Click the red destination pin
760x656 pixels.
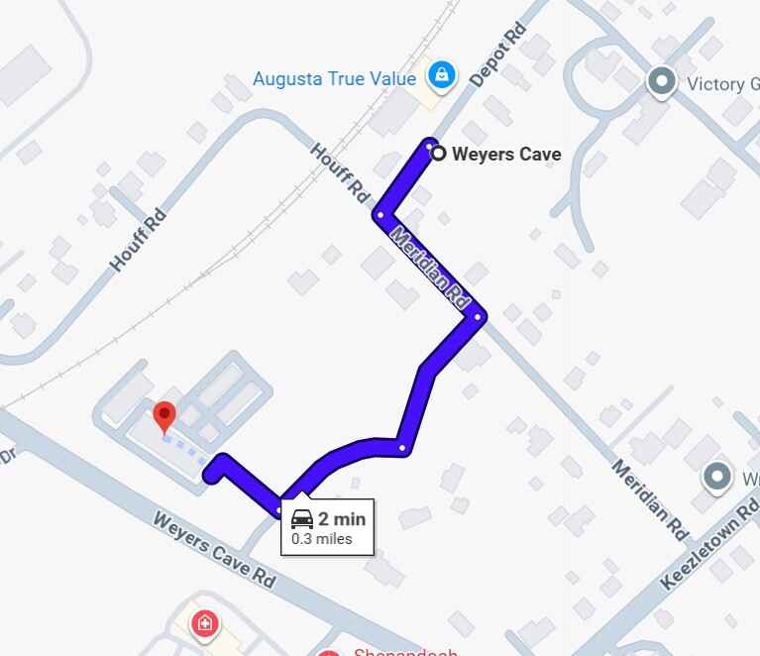click(164, 416)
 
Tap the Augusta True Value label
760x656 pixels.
click(334, 77)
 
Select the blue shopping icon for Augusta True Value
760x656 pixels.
click(442, 73)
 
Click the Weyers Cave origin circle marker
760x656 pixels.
click(437, 153)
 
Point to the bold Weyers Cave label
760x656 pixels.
click(506, 154)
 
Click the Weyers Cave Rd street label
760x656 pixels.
click(213, 550)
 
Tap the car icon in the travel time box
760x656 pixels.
click(302, 518)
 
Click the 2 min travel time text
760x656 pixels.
click(342, 518)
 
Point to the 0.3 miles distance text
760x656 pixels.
click(321, 539)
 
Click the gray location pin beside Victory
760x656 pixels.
click(661, 81)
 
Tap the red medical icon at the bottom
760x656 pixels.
click(205, 623)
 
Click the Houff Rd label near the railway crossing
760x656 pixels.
click(340, 171)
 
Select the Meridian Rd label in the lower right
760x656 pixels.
click(650, 499)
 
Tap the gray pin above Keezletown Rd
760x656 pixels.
click(717, 478)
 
